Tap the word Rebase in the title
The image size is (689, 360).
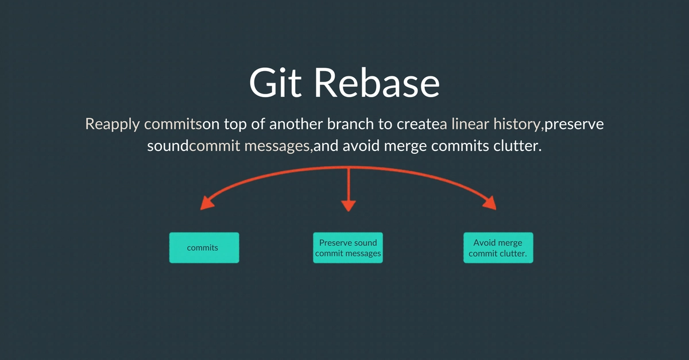click(x=377, y=83)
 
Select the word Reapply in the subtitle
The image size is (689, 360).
click(x=113, y=125)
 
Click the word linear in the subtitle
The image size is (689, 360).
click(x=467, y=125)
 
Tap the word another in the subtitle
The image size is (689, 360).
click(x=299, y=125)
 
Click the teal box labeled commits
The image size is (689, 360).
click(x=204, y=247)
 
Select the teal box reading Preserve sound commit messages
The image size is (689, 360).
click(x=347, y=247)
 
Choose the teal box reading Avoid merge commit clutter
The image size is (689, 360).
click(x=498, y=247)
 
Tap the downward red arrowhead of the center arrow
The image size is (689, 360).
click(x=348, y=206)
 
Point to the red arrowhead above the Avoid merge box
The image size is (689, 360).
click(x=490, y=203)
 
